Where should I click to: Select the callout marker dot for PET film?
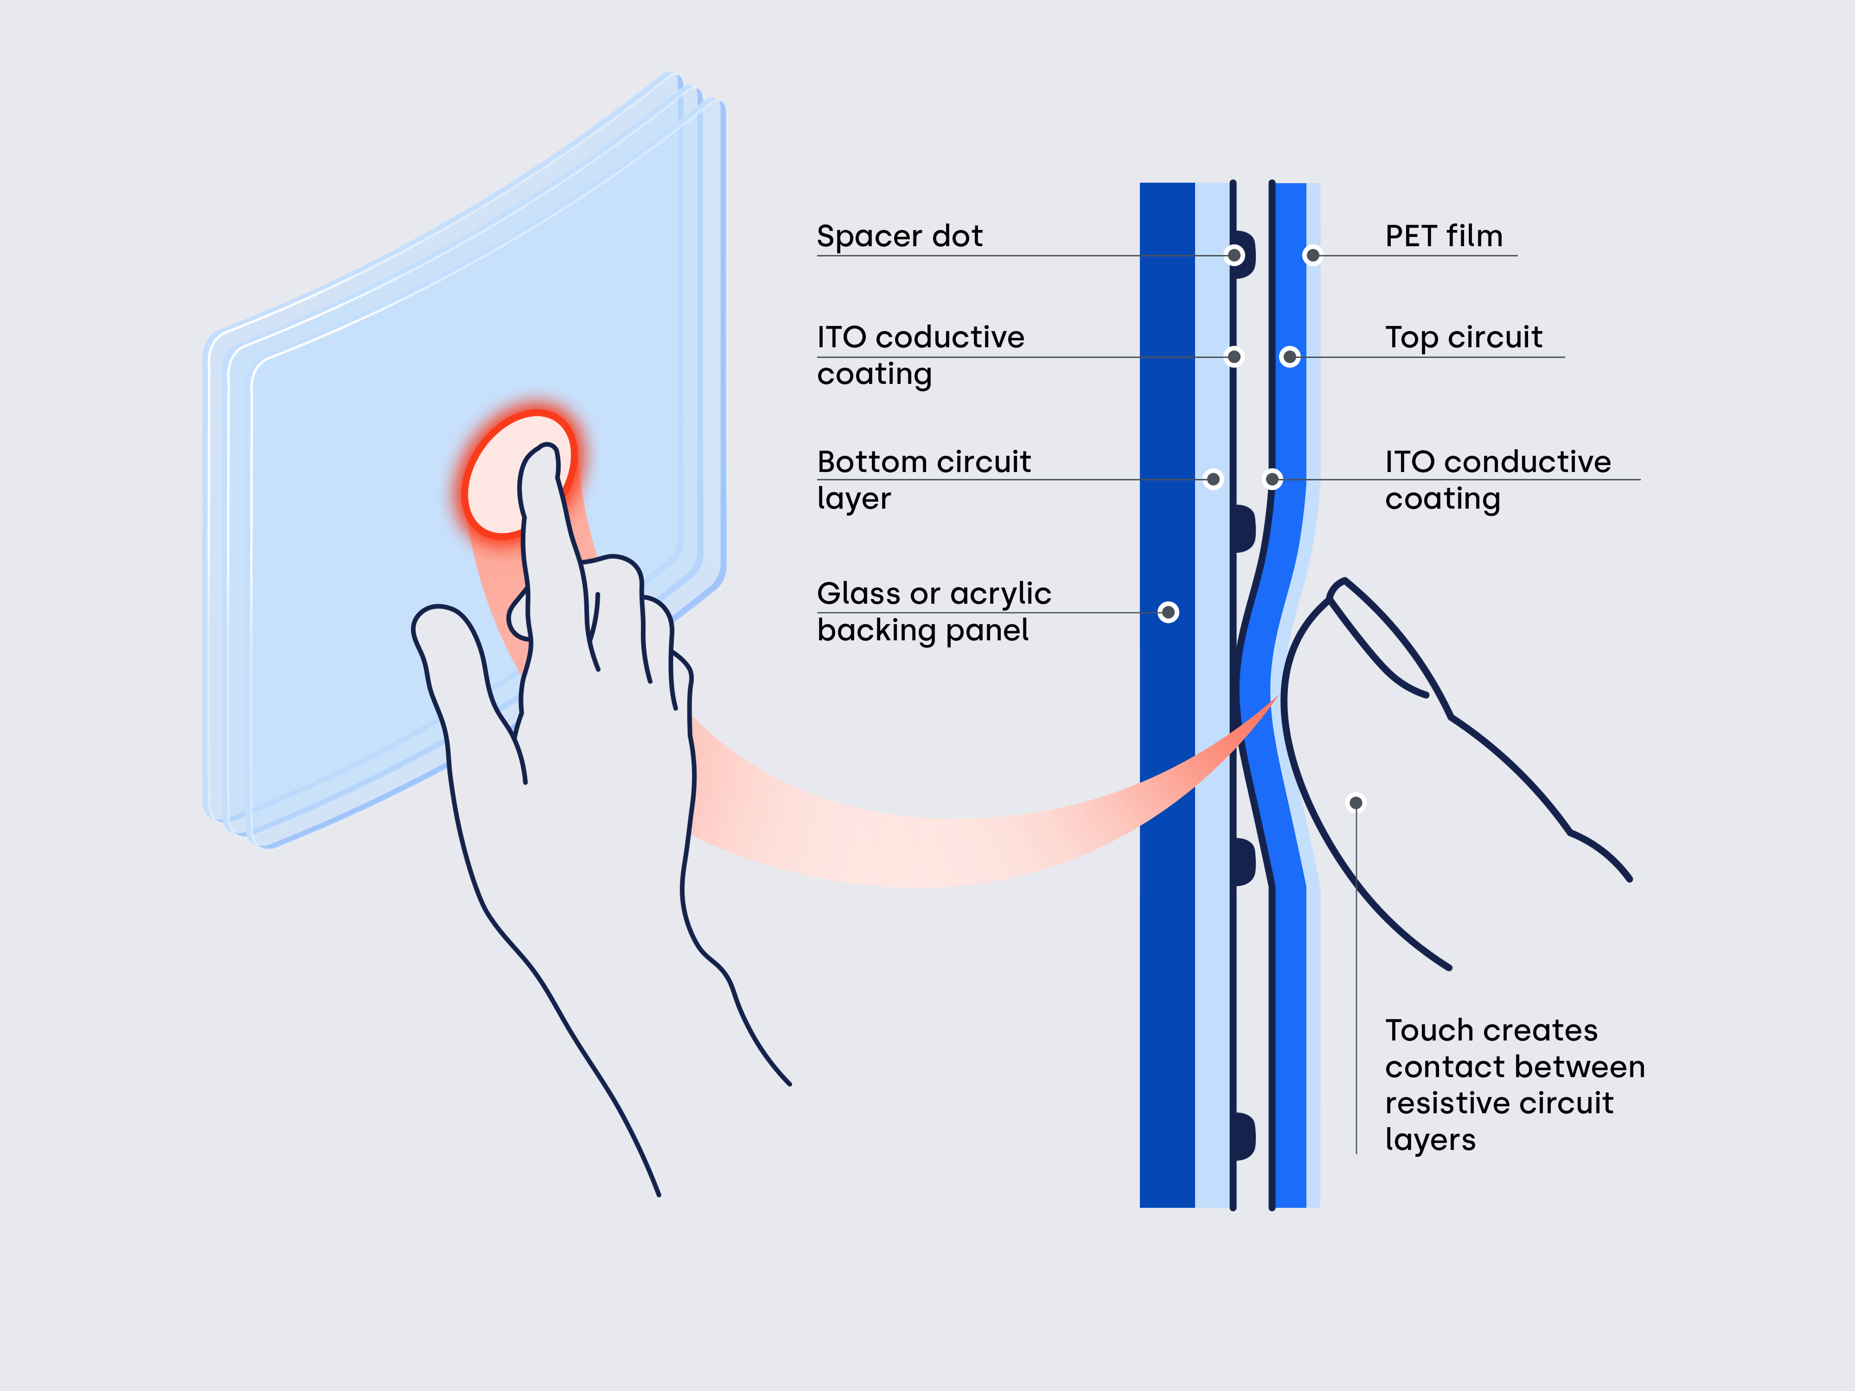click(x=1312, y=255)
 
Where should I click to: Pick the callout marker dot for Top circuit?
click(x=1290, y=357)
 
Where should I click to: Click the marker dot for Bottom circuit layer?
click(x=1213, y=479)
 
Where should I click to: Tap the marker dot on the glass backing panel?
click(x=1168, y=612)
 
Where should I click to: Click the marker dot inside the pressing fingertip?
click(x=1356, y=803)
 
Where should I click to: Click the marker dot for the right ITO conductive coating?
click(x=1272, y=479)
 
